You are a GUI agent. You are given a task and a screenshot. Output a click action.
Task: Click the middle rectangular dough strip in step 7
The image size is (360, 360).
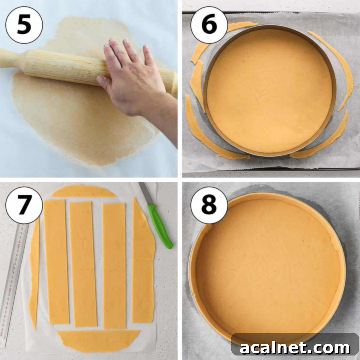point(82,264)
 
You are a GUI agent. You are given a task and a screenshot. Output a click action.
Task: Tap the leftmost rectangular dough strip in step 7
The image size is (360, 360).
point(56,261)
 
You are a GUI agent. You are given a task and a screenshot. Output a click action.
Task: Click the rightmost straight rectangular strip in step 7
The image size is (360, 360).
point(114,265)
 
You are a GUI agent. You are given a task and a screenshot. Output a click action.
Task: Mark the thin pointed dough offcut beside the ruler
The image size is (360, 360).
point(34,270)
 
